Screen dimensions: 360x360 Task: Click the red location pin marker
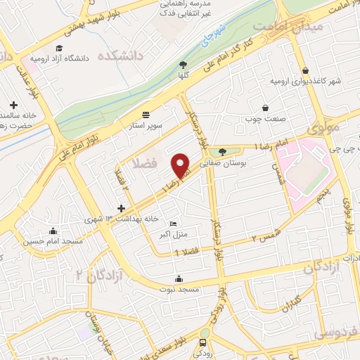[181, 165]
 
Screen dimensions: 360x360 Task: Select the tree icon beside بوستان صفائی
[223, 151]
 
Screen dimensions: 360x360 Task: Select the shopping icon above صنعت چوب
[266, 108]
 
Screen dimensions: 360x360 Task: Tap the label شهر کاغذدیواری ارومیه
[306, 81]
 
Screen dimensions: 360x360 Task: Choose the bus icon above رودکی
[203, 342]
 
